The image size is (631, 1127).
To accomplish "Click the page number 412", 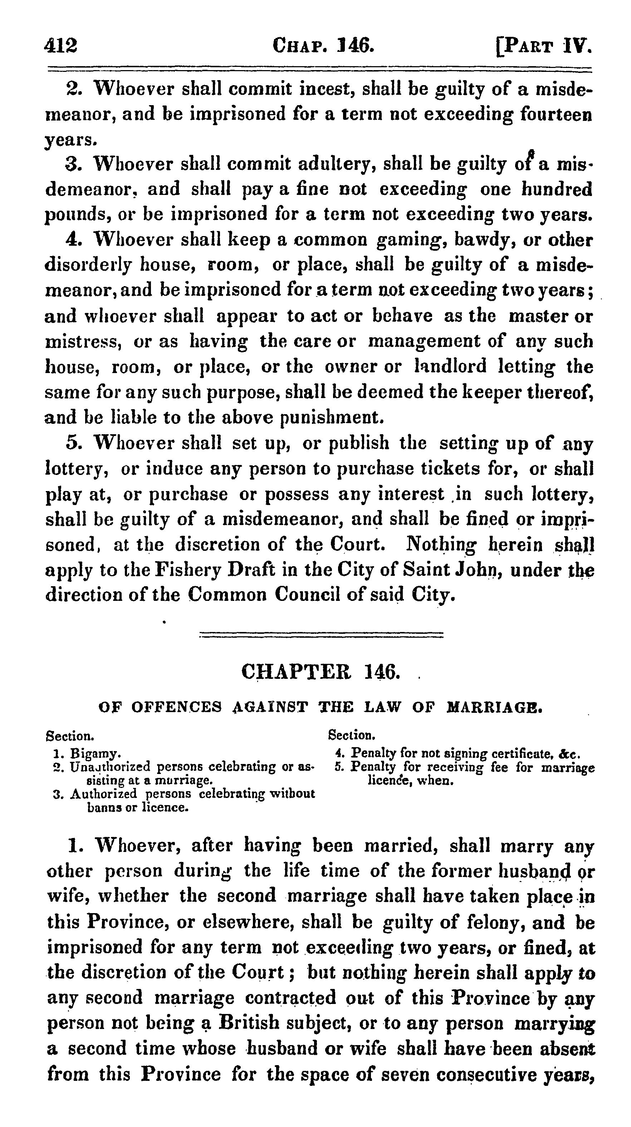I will pyautogui.click(x=61, y=45).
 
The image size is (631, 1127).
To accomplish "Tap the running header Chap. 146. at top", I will pyautogui.click(x=323, y=45).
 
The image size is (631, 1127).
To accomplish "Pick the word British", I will pyautogui.click(x=249, y=1023).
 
